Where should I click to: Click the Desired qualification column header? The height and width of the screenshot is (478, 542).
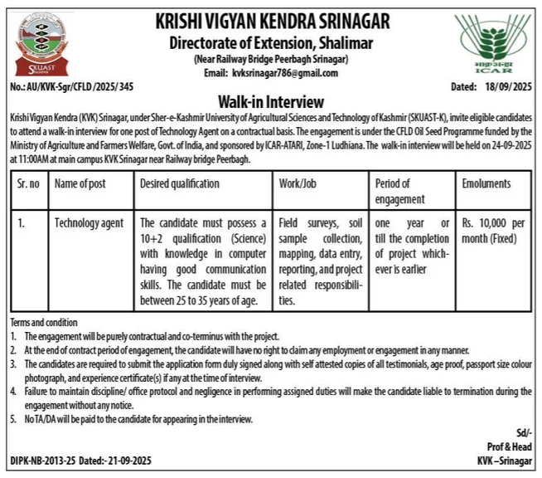pos(180,183)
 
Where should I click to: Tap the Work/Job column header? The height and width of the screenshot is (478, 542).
pos(302,183)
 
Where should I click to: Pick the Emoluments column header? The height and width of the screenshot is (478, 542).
pos(486,183)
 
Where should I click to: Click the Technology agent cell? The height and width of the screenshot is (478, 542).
pos(89,223)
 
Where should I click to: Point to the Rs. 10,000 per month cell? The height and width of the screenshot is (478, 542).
pos(491,231)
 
